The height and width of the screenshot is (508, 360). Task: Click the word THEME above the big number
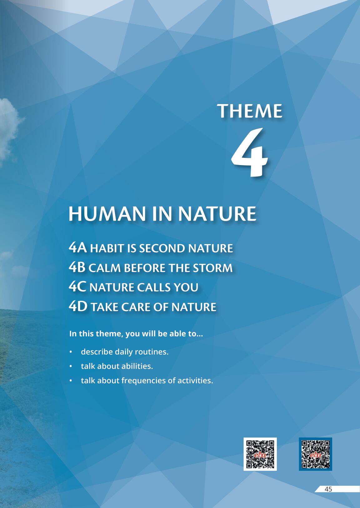click(x=250, y=111)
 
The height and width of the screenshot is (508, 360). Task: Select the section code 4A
click(x=78, y=248)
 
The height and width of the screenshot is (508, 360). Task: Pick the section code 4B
click(x=77, y=267)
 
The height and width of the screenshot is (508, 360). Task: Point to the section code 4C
click(x=77, y=287)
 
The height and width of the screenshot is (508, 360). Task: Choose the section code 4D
click(x=78, y=307)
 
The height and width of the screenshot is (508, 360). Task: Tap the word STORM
click(x=212, y=268)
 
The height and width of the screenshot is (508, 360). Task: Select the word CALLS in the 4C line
click(x=153, y=288)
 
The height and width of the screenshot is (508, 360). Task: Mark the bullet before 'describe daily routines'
click(x=71, y=352)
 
